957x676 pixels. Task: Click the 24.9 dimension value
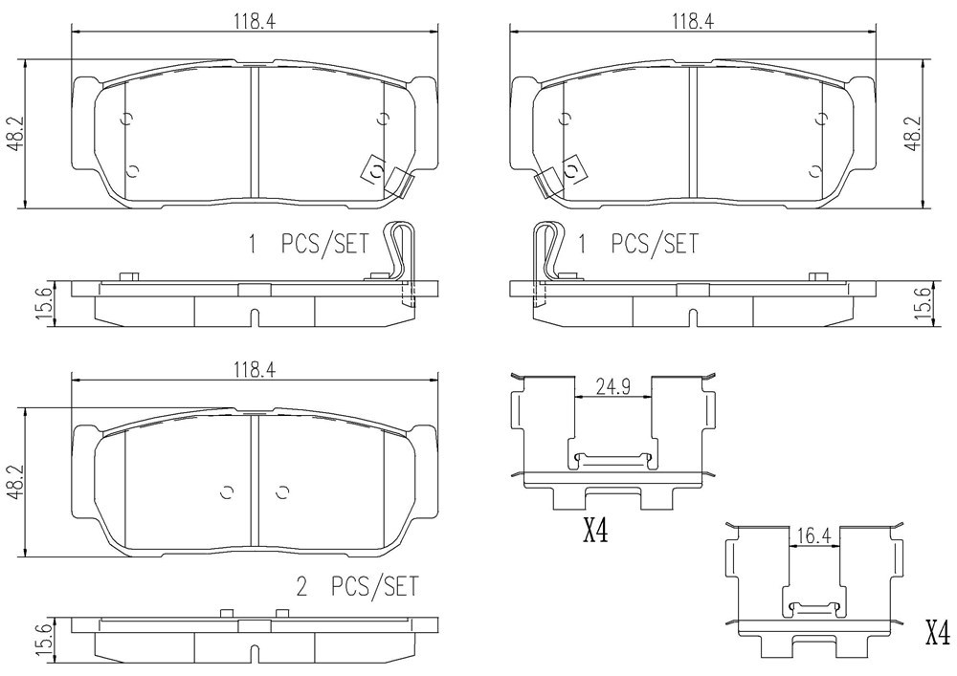coord(613,386)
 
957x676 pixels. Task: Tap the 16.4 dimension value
coord(814,536)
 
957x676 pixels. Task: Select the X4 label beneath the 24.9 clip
coord(595,532)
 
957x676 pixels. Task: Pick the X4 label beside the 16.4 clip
coord(938,633)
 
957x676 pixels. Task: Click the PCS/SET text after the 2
coord(375,587)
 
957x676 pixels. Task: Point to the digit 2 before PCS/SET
coord(300,588)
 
